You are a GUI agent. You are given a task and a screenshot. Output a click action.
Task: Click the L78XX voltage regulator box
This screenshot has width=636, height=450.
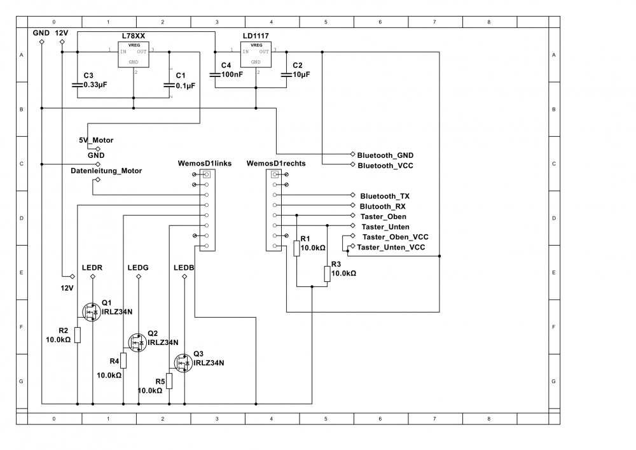point(134,55)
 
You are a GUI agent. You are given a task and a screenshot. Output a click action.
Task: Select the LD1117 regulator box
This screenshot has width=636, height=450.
point(256,55)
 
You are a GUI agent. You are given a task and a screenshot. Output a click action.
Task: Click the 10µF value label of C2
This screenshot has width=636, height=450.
point(301,74)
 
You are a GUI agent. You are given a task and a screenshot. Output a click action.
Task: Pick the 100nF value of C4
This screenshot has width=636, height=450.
point(232,74)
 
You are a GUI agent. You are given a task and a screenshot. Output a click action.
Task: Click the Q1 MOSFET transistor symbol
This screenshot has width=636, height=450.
point(92,311)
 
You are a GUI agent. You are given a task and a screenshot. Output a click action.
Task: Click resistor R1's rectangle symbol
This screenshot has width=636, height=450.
point(297,248)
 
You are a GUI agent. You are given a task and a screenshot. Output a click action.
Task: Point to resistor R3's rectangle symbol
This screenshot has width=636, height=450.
point(327,274)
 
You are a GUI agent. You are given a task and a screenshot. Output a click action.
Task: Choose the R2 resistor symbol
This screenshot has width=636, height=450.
point(78,335)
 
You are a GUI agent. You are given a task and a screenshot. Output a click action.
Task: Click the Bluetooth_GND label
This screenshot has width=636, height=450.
point(385,155)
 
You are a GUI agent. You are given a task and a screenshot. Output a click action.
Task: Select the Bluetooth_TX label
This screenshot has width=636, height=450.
point(385,196)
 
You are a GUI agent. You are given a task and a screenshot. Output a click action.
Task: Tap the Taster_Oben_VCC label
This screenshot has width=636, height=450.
point(395,236)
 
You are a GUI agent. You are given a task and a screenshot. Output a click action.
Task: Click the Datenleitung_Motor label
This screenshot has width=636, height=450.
point(106,171)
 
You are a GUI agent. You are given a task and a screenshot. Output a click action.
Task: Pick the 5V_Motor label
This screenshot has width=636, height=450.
point(96,139)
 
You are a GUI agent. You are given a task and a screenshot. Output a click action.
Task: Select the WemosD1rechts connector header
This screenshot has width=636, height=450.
point(275,209)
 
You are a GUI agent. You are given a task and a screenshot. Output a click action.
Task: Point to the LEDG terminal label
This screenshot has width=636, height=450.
point(138,268)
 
